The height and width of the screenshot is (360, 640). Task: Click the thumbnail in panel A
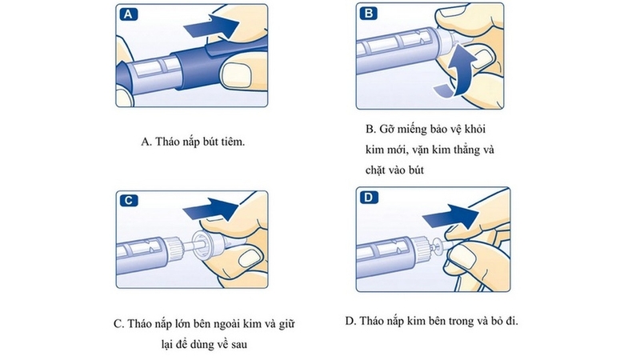240,74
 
